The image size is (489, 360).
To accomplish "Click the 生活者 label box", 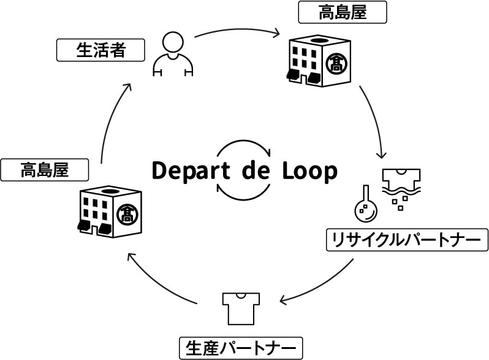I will (x=100, y=50).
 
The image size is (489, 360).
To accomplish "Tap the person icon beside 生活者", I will (x=173, y=55).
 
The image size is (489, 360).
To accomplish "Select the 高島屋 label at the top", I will (x=342, y=12).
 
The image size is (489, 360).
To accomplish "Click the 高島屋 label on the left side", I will (x=44, y=169).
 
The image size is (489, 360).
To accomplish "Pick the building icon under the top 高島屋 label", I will (x=319, y=60).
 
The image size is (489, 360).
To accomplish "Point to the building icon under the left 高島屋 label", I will (x=110, y=210).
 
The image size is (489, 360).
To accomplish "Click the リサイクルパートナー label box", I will (x=407, y=239).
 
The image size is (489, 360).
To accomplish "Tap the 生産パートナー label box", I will (x=241, y=348).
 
